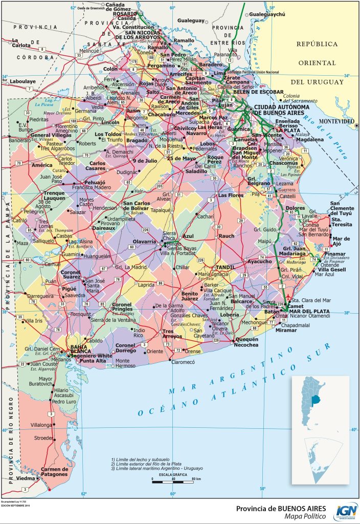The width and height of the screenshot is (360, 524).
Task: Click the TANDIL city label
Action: pos(225,268)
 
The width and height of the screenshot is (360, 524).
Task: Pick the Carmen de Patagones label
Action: pos(54,471)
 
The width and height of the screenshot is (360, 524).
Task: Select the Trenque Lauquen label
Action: pos(54,195)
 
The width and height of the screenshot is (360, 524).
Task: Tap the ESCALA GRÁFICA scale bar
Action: pos(173,479)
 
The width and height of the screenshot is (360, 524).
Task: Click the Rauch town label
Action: pos(227,236)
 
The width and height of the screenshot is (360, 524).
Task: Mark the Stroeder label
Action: pos(43,438)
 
